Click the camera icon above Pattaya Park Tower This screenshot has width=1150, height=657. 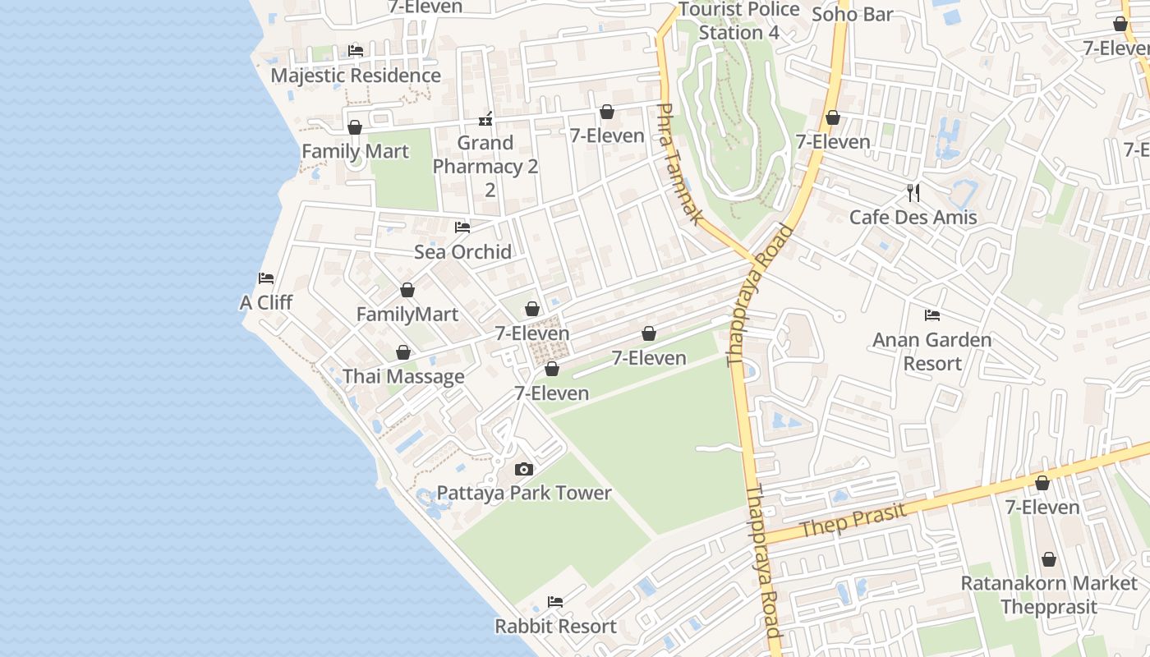click(523, 470)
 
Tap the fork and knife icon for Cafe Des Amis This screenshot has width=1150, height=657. click(913, 193)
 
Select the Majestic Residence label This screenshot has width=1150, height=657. click(356, 76)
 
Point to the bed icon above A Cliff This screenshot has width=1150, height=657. click(266, 278)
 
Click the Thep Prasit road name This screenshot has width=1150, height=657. click(853, 521)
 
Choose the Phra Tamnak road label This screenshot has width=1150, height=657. click(681, 163)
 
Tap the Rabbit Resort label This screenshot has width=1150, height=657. click(555, 627)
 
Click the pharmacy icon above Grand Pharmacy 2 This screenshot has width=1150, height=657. click(485, 120)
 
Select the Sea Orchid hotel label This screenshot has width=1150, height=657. click(462, 252)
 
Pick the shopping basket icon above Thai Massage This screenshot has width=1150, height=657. click(403, 353)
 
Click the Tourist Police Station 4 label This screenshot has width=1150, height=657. click(738, 21)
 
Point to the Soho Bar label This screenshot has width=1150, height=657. click(852, 14)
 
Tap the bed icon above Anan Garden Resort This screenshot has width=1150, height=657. click(931, 315)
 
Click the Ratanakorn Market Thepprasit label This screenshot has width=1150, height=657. click(1048, 595)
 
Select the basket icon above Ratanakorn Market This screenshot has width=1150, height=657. click(1049, 560)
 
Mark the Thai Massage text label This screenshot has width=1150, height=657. click(403, 377)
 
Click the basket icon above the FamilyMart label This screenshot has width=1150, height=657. click(407, 291)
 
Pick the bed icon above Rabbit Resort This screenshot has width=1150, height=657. click(555, 602)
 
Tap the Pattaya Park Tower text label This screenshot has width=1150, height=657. click(524, 494)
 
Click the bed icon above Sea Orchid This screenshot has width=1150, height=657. click(462, 227)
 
